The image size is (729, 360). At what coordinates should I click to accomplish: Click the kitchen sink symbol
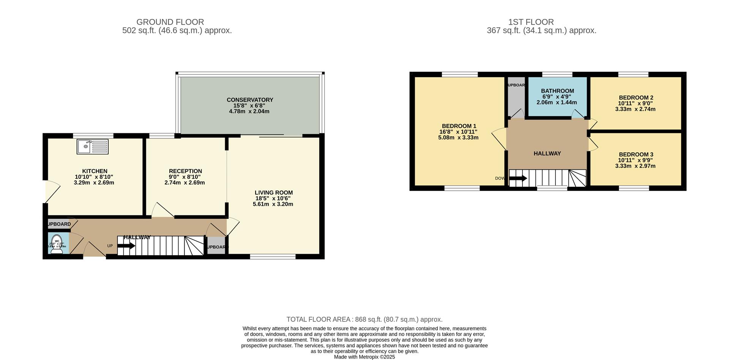92,147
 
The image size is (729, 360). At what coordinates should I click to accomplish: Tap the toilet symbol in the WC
57,245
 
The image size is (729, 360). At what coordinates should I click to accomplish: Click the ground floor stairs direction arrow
126,246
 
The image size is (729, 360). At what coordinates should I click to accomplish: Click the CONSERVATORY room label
250,100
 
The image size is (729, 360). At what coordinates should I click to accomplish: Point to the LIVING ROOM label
273,193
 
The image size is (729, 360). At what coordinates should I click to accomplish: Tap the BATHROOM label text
557,91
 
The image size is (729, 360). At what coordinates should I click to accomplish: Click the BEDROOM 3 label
636,154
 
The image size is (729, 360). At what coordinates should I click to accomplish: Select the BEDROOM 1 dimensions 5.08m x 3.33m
458,137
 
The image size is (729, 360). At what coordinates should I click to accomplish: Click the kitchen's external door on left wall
52,191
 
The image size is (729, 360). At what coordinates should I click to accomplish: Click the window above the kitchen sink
93,135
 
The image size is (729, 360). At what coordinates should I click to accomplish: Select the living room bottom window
273,257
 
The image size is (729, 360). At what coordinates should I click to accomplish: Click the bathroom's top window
557,74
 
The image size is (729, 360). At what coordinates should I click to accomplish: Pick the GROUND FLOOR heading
170,22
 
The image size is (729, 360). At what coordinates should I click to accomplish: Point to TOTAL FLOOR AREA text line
364,319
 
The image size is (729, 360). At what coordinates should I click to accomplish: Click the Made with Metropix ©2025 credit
364,357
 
